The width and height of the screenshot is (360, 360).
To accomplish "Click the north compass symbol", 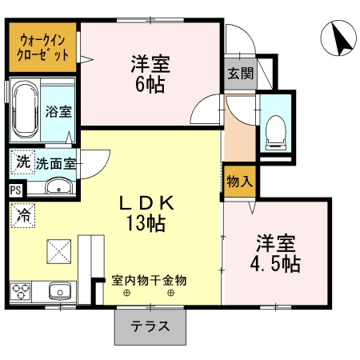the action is point(338,38).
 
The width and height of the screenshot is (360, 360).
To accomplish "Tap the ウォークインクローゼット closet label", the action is point(43,47).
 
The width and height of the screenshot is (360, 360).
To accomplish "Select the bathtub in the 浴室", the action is point(26,110).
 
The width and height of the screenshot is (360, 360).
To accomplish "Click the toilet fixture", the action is point(276,133).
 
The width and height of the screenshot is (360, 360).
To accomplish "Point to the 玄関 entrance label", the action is point(240,73).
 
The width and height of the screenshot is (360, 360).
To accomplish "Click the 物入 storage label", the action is point(240,182).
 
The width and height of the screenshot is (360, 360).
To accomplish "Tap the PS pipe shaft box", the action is point(15,190).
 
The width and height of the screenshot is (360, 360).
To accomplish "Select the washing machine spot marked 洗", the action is point(23,162).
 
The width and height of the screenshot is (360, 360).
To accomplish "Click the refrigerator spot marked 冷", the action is point(23,215).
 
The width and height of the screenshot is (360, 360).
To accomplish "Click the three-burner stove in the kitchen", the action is point(21,292).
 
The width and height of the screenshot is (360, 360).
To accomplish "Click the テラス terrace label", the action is point(150,326).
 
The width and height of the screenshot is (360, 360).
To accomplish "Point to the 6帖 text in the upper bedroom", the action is point(150,85).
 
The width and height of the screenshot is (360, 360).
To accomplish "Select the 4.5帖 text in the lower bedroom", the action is point(275,264).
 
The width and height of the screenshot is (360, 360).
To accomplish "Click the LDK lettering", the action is point(146,203).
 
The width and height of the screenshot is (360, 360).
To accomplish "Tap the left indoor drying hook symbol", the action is point(126,293).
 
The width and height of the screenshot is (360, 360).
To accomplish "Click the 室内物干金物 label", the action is point(149,280).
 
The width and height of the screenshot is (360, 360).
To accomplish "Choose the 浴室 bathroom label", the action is point(58,111).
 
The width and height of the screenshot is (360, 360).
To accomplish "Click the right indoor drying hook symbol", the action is point(170,293).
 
